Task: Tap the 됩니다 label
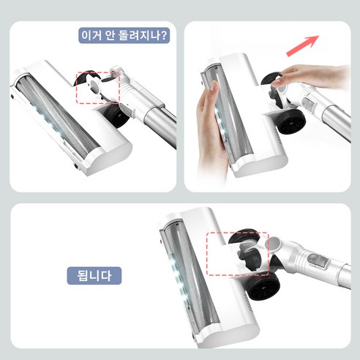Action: tap(94, 276)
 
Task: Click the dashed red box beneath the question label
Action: tap(97, 87)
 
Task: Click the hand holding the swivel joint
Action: tap(307, 75)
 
